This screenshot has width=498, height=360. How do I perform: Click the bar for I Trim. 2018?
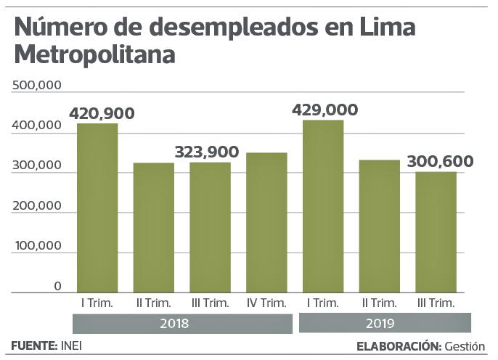pos(97,208)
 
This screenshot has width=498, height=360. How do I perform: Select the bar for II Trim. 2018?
pos(153,227)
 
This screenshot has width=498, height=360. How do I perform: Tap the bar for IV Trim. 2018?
pos(266,222)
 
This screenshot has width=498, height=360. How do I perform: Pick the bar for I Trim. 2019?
pos(323,206)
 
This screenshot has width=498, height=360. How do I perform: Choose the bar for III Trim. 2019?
pos(436,232)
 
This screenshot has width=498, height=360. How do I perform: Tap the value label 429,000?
pos(324,110)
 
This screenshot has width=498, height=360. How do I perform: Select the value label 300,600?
pos(441,161)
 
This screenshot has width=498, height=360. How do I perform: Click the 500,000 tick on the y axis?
pos(36,86)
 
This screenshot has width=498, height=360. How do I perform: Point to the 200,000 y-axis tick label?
pos(36,207)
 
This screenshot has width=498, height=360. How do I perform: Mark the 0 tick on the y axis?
pos(57,287)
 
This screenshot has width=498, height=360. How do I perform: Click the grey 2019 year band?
pos(380,324)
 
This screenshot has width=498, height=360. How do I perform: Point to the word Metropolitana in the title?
pos(94,54)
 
